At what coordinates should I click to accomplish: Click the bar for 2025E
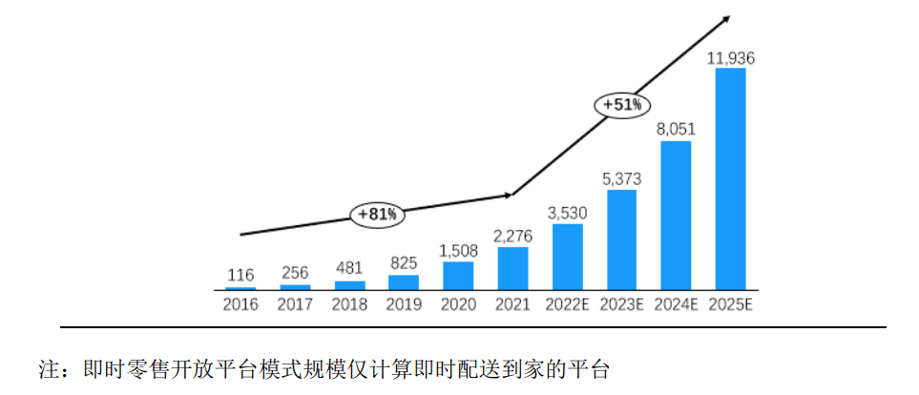pos(730,179)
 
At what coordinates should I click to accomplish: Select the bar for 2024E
pos(676,216)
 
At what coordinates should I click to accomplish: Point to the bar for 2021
pos(512,269)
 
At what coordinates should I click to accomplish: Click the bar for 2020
pos(458,276)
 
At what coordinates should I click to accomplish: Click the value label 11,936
pos(731,59)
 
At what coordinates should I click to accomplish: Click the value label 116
pos(240,276)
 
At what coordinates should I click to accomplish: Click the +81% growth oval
pos(377,215)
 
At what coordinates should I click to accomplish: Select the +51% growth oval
pos(622,105)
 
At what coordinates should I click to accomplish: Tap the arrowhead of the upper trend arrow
pos(727,17)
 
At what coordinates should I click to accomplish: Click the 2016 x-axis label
pos(240,305)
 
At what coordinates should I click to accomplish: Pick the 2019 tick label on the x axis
pos(404,305)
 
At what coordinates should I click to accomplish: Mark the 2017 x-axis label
pos(295,305)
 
